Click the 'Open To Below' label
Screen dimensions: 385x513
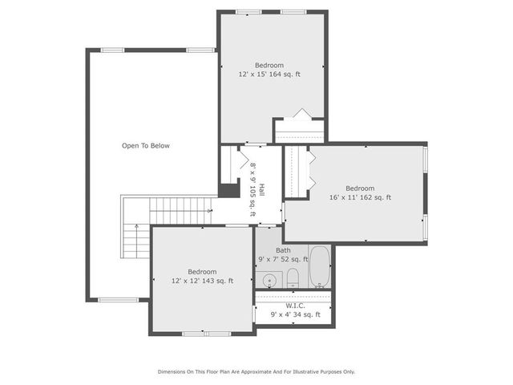tap(145, 146)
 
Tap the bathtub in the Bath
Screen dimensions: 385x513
tap(319, 267)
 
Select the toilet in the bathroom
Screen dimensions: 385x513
tap(293, 278)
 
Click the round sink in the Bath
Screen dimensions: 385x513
tap(269, 280)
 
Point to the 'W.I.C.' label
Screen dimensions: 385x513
tap(294, 305)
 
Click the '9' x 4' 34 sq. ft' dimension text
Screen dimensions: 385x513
tap(294, 314)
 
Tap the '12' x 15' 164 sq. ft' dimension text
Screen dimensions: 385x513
tap(269, 74)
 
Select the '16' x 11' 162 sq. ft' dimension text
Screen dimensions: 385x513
tap(360, 197)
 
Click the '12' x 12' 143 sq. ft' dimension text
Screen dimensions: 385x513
tap(202, 281)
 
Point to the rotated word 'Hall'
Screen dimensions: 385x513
tap(261, 190)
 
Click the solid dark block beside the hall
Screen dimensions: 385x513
tap(229, 191)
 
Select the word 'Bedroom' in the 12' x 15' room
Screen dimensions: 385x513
tap(269, 65)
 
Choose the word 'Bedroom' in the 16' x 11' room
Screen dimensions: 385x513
tap(360, 188)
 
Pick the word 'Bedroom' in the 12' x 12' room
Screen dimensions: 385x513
tap(202, 272)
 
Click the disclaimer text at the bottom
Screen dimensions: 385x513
tap(256, 371)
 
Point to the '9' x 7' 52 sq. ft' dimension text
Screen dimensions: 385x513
tap(284, 260)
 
